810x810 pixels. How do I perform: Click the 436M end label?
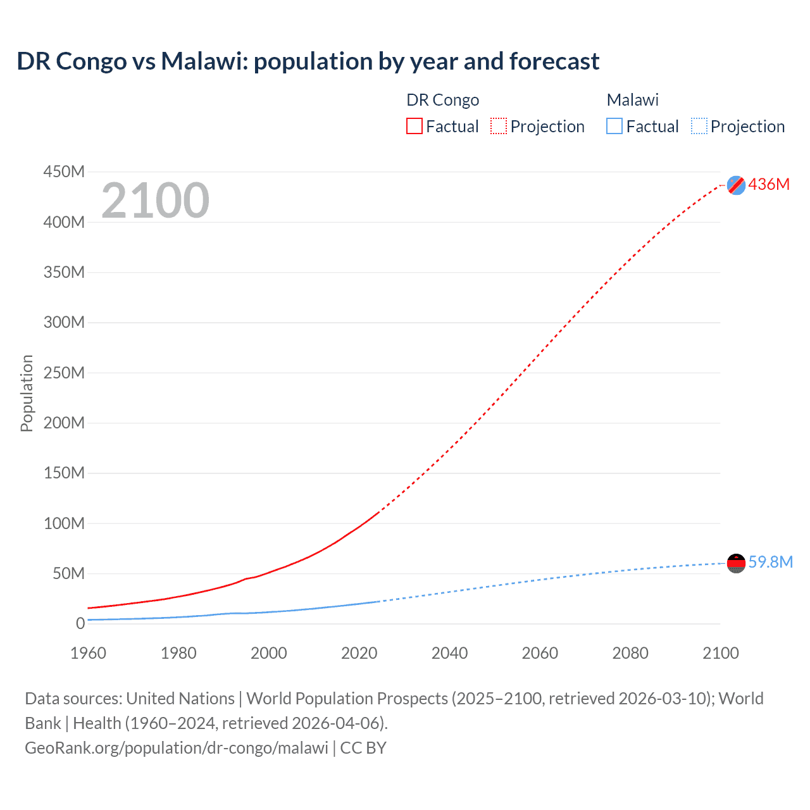coord(769,184)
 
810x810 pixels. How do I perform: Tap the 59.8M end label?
coord(770,562)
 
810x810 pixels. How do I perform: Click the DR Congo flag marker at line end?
coord(736,185)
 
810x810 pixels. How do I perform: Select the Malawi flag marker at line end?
coord(736,563)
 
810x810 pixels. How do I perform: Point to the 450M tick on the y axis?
coord(64,171)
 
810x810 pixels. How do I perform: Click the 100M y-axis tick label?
coord(64,523)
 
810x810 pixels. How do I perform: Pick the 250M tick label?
coord(64,373)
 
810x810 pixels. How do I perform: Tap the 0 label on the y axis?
coord(80,623)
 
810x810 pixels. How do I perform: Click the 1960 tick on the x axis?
coord(88,653)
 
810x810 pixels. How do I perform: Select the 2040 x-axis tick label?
coord(449,653)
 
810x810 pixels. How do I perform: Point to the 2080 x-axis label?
coord(630,653)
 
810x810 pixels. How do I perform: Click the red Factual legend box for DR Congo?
coord(414,126)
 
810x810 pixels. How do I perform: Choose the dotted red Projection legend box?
coord(499,126)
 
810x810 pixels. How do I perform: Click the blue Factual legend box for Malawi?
coord(614,126)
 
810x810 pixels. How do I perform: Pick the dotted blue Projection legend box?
coord(699,126)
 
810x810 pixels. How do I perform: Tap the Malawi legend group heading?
coord(632,100)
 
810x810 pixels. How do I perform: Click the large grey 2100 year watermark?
coord(155,201)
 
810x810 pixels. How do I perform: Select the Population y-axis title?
coord(27,393)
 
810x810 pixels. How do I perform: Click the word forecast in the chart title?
coord(554,61)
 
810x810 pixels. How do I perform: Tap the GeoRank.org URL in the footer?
coord(177,747)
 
